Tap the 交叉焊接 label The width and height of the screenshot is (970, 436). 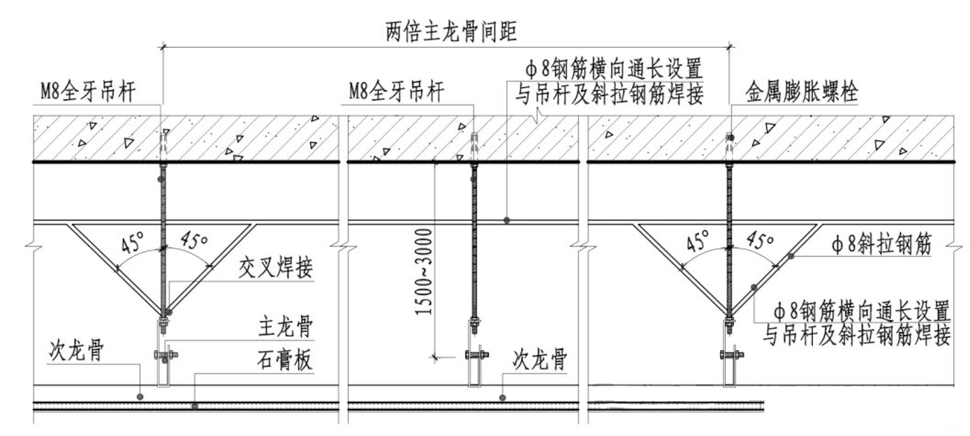[276, 269]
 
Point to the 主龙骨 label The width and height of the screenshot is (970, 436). [286, 329]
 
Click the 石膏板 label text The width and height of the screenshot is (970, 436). [286, 362]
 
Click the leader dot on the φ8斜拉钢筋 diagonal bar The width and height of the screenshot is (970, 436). [793, 255]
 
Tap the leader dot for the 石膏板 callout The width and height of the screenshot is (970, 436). [194, 406]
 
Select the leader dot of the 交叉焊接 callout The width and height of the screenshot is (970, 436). [169, 312]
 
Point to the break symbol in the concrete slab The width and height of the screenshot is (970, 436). [536, 118]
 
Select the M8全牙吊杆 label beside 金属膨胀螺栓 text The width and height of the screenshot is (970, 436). [397, 92]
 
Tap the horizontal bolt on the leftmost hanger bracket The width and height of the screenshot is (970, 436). [165, 355]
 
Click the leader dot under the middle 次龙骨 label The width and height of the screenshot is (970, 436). [502, 398]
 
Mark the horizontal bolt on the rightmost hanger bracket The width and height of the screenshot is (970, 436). [731, 354]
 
